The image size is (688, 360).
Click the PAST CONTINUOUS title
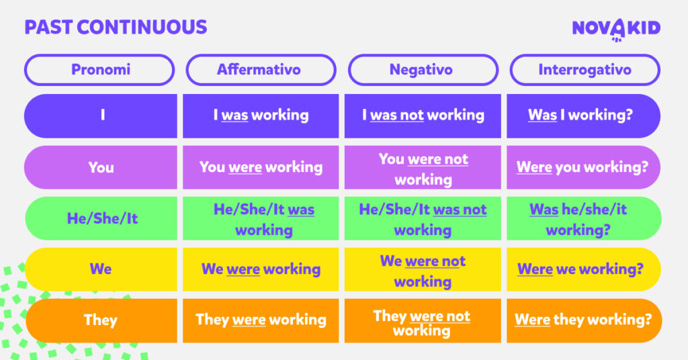tap(116, 27)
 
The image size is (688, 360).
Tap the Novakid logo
tap(616, 30)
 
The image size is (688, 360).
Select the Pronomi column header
tap(99, 70)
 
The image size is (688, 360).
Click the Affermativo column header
tap(261, 70)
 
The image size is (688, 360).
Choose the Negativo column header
tap(423, 70)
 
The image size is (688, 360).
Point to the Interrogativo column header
tap(585, 70)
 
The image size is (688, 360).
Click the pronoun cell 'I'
tap(101, 116)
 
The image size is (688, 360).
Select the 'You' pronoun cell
tap(101, 167)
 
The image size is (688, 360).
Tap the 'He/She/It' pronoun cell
tap(101, 218)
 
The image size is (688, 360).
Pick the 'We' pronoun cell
tap(101, 269)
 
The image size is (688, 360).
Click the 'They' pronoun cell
tap(101, 320)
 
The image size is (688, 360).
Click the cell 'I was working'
tap(261, 116)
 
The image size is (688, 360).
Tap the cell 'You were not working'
tap(423, 167)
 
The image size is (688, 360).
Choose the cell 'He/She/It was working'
tap(261, 218)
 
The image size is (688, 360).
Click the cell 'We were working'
tap(261, 269)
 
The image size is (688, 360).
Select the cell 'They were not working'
tap(423, 320)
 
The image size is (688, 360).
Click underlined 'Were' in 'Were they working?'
tap(532, 320)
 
